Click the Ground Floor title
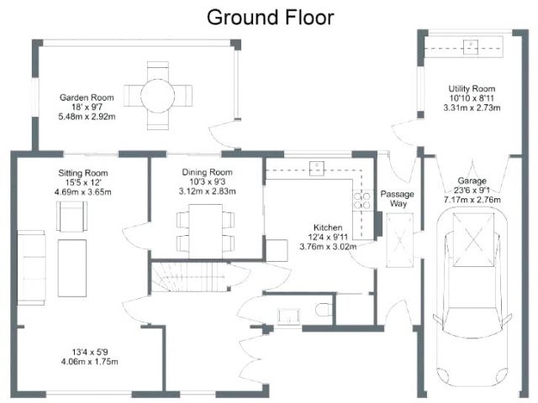[271, 18]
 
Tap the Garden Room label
[87, 97]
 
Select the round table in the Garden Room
[158, 96]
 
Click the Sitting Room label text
[83, 173]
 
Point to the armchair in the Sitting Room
[71, 217]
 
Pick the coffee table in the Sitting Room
[72, 268]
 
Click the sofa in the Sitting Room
[31, 268]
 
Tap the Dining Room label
[208, 172]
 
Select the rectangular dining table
[205, 232]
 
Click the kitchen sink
[317, 169]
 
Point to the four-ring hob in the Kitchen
[362, 201]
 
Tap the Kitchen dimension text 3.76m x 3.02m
[328, 246]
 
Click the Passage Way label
[398, 199]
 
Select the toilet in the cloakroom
[322, 310]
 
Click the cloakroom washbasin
[289, 317]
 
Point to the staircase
[188, 277]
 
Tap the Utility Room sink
[471, 47]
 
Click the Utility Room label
[472, 89]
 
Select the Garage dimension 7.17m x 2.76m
[472, 200]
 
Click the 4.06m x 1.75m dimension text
[90, 362]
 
